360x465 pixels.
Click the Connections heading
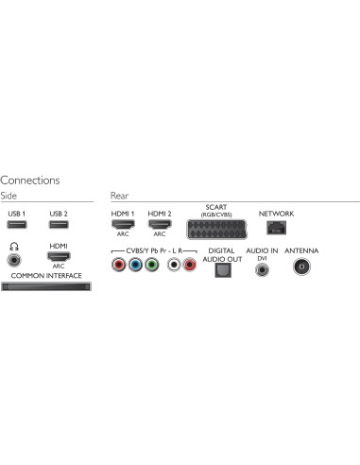pyautogui.click(x=30, y=180)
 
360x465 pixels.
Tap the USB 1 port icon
pyautogui.click(x=16, y=228)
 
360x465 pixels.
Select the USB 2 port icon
pyautogui.click(x=59, y=228)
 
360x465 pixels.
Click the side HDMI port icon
pyautogui.click(x=59, y=257)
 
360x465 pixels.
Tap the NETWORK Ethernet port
pyautogui.click(x=276, y=228)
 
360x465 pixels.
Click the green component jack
pyautogui.click(x=151, y=267)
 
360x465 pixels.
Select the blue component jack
pyautogui.click(x=134, y=267)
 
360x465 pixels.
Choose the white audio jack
pyautogui.click(x=174, y=267)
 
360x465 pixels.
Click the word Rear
pyautogui.click(x=119, y=195)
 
